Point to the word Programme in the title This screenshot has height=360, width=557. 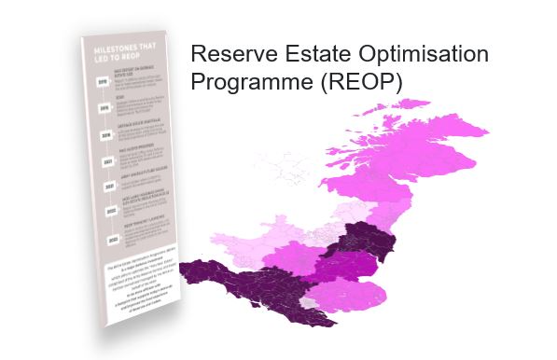click(251, 81)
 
